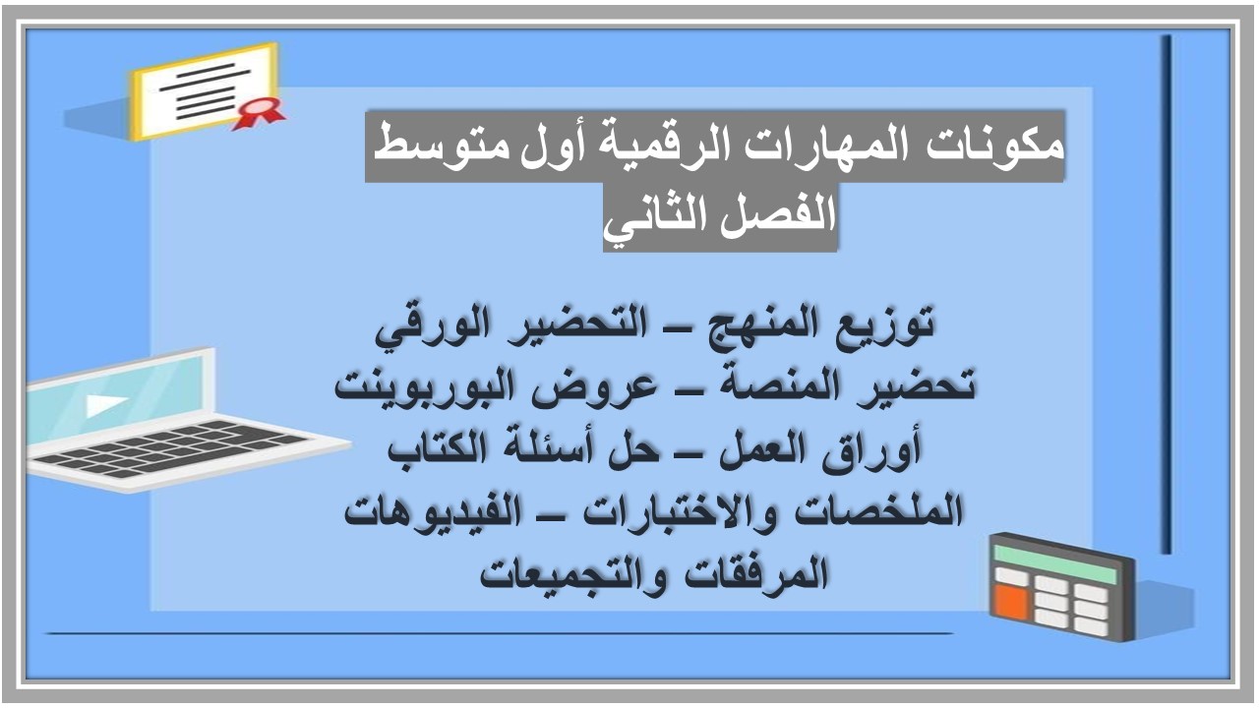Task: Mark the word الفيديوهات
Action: [424, 512]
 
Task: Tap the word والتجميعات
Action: [570, 573]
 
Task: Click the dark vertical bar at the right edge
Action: [1166, 295]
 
